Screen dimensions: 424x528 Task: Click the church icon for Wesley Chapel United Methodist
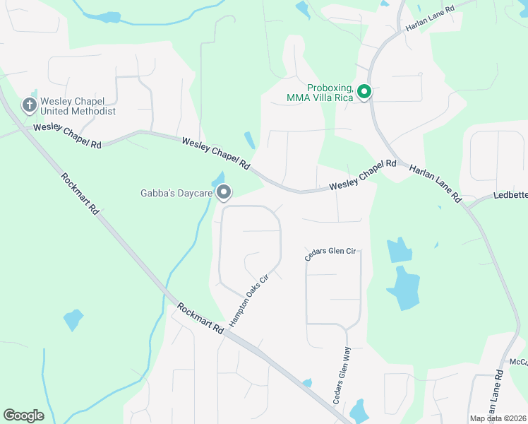29,105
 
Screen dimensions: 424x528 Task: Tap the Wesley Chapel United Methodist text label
78,105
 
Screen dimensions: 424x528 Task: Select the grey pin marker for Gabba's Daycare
224,192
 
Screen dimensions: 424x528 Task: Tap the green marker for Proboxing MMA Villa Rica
364,92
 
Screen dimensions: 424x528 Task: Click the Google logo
23,416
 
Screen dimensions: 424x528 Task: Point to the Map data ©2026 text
498,418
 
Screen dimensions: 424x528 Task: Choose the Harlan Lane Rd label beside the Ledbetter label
436,183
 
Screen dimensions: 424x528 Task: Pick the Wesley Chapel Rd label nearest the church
68,135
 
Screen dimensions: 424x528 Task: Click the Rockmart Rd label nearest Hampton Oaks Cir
200,318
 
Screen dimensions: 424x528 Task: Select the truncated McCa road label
518,362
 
